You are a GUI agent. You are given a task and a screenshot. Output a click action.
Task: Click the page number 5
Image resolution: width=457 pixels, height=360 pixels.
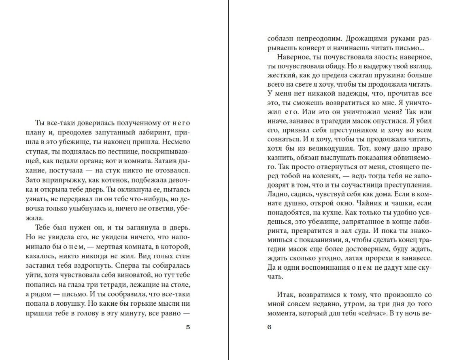coord(187,328)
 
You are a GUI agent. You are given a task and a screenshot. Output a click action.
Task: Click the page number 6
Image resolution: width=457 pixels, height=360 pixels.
coord(269,328)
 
